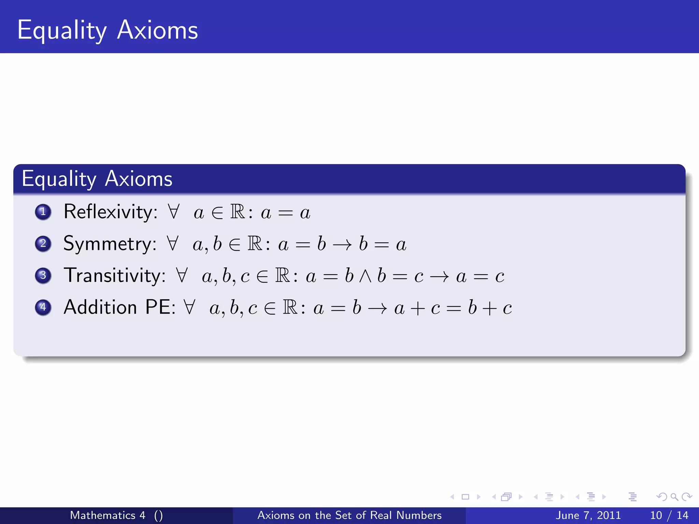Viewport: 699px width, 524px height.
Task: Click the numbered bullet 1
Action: click(43, 212)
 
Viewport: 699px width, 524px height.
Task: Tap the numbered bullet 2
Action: click(43, 244)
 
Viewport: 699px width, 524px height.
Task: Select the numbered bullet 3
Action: click(43, 275)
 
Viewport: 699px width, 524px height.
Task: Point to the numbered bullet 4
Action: click(43, 307)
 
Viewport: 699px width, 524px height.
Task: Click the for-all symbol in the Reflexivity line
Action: click(174, 212)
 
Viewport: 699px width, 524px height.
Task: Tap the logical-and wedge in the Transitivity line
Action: click(365, 276)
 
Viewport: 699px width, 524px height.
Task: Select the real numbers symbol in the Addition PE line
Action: click(290, 307)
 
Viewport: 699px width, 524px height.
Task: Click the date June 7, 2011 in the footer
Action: click(588, 515)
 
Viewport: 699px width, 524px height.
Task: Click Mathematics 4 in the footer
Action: click(108, 515)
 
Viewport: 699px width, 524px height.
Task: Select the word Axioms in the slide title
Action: click(157, 30)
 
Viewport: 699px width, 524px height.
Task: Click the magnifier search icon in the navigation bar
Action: click(674, 497)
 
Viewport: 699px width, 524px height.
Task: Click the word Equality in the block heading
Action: click(59, 179)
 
